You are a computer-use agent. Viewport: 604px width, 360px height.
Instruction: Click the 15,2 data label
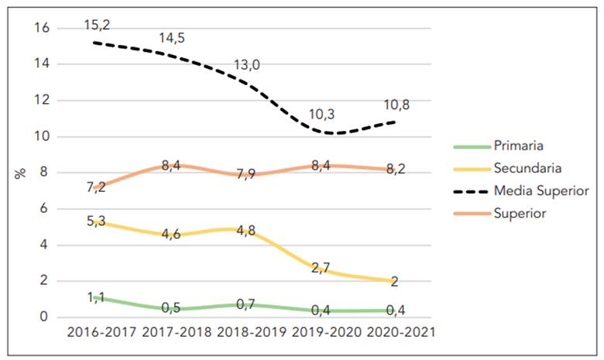[98, 26]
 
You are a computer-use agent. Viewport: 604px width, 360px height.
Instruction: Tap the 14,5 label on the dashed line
[173, 38]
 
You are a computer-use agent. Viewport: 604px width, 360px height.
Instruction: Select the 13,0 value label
[247, 65]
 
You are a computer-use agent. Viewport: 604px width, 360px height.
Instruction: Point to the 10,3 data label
[321, 114]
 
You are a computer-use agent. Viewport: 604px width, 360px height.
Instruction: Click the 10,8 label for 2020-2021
[396, 105]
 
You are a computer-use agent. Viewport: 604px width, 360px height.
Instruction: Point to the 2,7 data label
[321, 267]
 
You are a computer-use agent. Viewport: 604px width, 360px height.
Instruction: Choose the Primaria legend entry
[519, 145]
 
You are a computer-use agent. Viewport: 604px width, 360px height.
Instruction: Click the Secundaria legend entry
[527, 167]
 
